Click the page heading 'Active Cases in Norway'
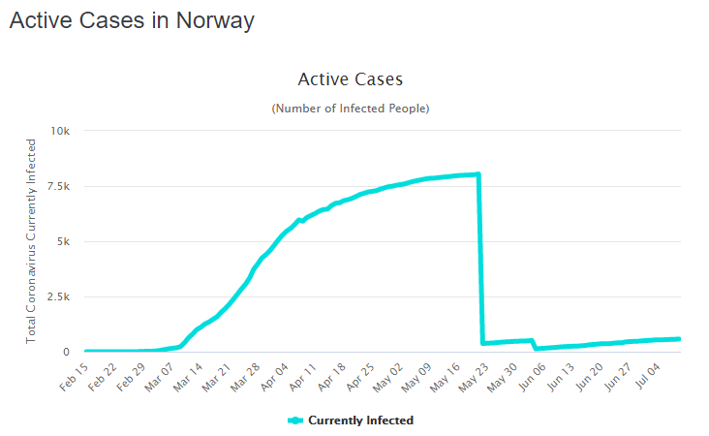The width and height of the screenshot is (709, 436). click(x=132, y=21)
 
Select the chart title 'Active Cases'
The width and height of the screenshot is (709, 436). click(x=350, y=79)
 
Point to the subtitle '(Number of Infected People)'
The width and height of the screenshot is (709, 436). click(x=350, y=108)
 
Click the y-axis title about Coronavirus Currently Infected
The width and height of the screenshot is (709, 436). click(x=32, y=240)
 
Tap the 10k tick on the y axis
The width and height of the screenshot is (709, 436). click(x=60, y=131)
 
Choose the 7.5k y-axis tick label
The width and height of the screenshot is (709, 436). click(x=57, y=186)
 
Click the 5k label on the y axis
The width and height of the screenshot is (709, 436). click(x=63, y=241)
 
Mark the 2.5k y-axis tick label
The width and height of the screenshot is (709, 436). click(x=57, y=296)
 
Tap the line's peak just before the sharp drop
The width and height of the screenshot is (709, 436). click(x=478, y=174)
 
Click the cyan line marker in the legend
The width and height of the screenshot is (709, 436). click(x=296, y=420)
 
